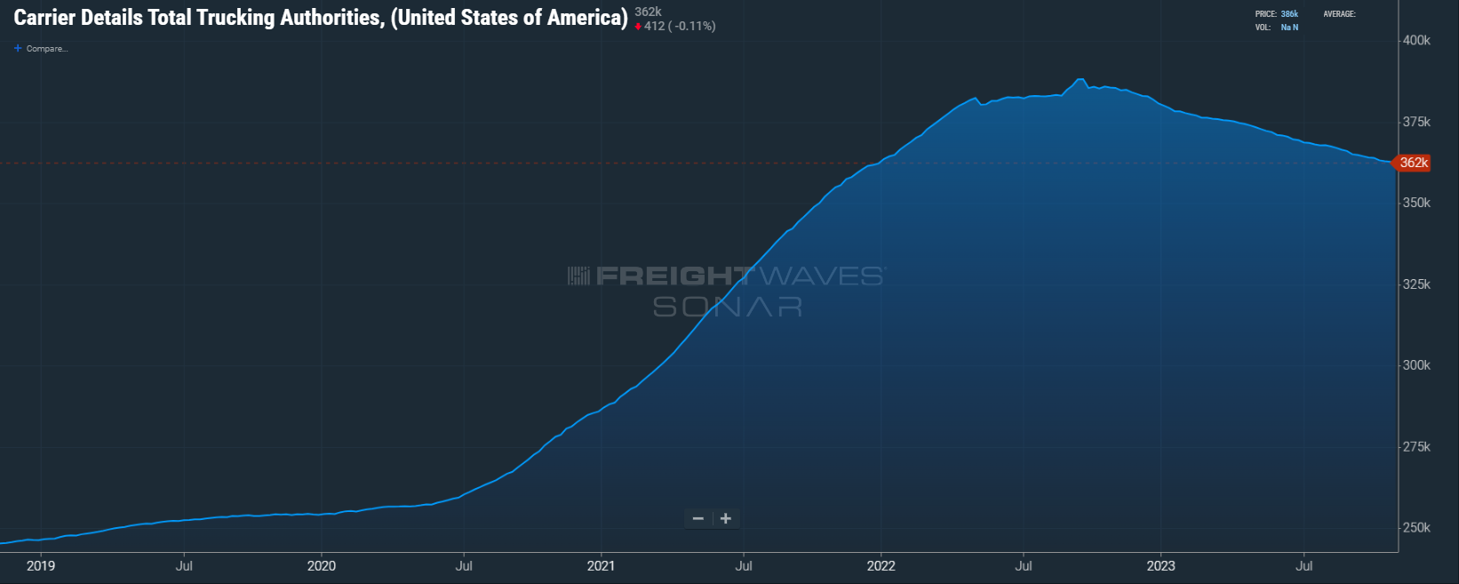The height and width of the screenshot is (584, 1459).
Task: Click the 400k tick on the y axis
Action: [x=1416, y=41]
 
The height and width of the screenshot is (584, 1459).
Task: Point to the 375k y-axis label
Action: [x=1416, y=122]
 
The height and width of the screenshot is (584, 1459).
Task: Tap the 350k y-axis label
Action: [x=1416, y=203]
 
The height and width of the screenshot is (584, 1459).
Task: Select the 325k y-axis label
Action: [x=1416, y=284]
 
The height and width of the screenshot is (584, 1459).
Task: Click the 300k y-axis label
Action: [x=1416, y=365]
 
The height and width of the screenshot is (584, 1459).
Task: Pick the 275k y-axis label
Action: [x=1416, y=447]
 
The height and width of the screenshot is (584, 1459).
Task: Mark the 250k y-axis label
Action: [x=1416, y=528]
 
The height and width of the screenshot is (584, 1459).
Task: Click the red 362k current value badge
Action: [x=1413, y=163]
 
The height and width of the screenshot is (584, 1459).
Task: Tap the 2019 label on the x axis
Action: [x=41, y=565]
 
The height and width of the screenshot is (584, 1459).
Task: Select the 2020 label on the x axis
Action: [x=321, y=565]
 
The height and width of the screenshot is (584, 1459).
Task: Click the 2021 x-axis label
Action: [x=601, y=565]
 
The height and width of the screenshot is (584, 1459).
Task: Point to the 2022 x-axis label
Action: [x=881, y=565]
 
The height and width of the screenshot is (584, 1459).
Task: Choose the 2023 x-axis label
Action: [x=1160, y=565]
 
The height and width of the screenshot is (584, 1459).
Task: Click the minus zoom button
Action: [x=698, y=519]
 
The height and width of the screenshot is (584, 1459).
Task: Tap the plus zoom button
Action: [x=726, y=519]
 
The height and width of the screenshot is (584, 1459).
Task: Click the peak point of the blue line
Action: [x=1080, y=80]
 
